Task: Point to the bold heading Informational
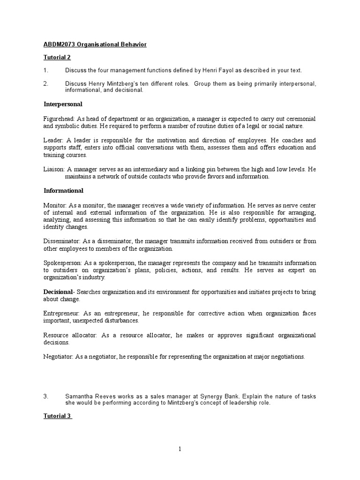point(64,191)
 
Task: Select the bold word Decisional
point(59,292)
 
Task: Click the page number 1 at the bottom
point(180,449)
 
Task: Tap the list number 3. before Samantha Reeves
point(46,396)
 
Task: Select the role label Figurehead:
point(59,119)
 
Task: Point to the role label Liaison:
point(54,169)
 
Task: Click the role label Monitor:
point(55,205)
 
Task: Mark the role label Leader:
point(53,140)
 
